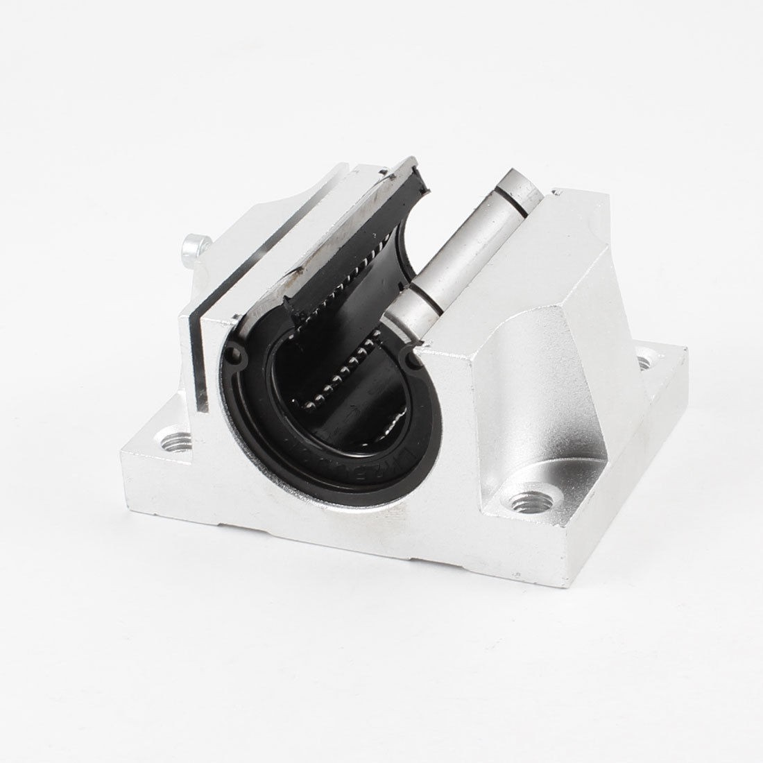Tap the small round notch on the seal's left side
pos(239,359)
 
